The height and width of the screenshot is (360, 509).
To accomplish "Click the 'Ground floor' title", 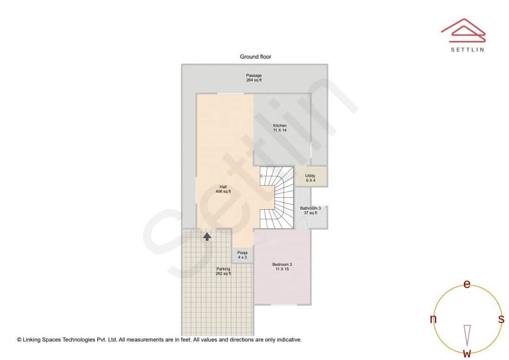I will (x=255, y=57).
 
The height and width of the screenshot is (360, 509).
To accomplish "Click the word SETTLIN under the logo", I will (x=467, y=49).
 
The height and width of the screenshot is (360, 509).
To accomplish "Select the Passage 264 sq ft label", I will (x=254, y=78).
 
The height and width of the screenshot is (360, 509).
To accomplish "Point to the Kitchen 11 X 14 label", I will (x=279, y=128).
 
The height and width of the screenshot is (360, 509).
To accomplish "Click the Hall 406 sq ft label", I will (x=223, y=189).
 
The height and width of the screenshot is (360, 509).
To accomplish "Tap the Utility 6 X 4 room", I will (x=310, y=178).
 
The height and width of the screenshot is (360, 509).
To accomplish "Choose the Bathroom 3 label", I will (x=310, y=210).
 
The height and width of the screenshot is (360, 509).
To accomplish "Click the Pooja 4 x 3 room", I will (x=242, y=255).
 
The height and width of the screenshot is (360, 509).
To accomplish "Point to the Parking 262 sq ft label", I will (x=223, y=271).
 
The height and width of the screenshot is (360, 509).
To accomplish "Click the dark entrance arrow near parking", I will (x=207, y=236).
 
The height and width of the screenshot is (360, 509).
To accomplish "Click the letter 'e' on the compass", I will (x=467, y=284).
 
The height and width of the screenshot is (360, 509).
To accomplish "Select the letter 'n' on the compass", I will (x=433, y=319).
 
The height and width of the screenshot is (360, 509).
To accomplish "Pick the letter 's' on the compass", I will (x=501, y=319).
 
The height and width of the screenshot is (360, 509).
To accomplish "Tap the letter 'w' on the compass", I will (x=467, y=353).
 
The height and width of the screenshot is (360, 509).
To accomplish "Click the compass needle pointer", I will (x=467, y=335).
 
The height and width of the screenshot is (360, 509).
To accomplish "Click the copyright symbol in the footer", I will (x=19, y=339).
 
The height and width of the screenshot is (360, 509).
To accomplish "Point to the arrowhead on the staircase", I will (x=262, y=177).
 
